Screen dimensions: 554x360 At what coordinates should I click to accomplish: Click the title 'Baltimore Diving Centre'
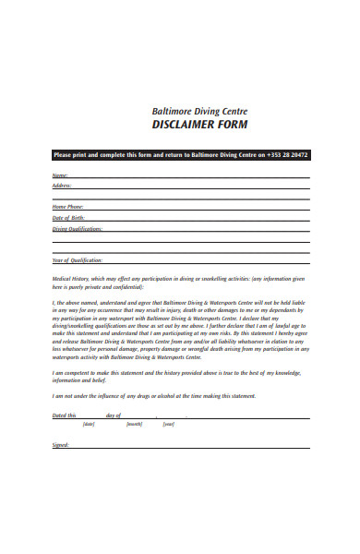199,111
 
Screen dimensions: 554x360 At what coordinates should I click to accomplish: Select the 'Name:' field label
60,175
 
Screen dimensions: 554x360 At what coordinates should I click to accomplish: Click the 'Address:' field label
62,185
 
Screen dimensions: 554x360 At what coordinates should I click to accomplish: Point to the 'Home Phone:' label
67,207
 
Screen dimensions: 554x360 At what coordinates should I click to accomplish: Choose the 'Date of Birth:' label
66,217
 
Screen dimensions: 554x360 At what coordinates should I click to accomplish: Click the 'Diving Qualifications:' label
77,227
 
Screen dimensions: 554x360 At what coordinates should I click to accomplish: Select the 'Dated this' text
64,415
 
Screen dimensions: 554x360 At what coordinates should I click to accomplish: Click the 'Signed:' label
61,444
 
